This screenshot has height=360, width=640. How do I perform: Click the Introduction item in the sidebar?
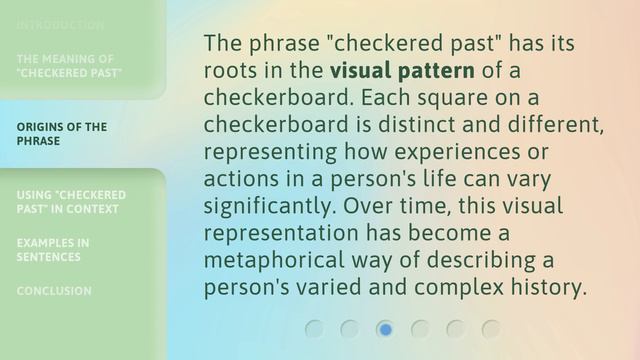(x=60, y=24)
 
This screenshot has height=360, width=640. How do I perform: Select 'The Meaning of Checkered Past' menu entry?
(x=69, y=66)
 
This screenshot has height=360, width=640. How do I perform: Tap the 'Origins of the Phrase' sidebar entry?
(x=61, y=134)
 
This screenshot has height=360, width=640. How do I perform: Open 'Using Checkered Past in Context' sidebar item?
(x=71, y=201)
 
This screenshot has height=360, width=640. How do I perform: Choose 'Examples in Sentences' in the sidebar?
(x=53, y=249)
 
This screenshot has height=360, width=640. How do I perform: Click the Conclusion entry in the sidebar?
(x=53, y=291)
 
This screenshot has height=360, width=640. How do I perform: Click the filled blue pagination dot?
(x=385, y=329)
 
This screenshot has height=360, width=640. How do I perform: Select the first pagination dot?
(x=315, y=329)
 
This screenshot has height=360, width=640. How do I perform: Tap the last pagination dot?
(x=490, y=329)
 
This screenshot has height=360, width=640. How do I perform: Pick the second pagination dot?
(x=350, y=329)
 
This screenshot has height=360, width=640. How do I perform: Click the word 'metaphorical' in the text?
(x=270, y=261)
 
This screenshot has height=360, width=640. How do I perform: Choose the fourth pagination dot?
(x=420, y=329)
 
